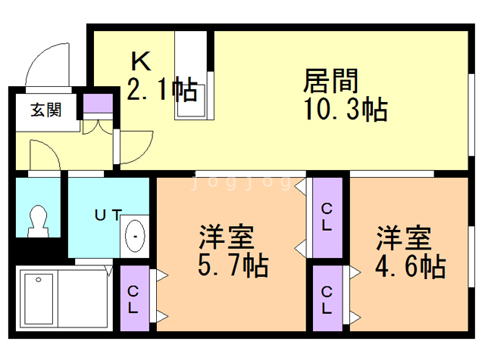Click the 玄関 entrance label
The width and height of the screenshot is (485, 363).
click(45, 110)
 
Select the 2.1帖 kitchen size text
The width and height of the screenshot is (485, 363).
click(161, 89)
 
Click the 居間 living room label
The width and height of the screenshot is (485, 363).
click(331, 80)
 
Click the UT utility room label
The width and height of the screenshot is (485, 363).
click(107, 215)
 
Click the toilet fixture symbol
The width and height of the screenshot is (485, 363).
click(38, 219)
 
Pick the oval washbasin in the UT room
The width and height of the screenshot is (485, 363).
click(135, 237)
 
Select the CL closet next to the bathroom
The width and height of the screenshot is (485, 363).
click(133, 299)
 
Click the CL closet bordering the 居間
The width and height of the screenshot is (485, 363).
click(327, 216)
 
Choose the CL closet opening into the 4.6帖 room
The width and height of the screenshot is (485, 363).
click(327, 299)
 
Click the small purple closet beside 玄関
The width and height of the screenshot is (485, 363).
click(96, 103)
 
